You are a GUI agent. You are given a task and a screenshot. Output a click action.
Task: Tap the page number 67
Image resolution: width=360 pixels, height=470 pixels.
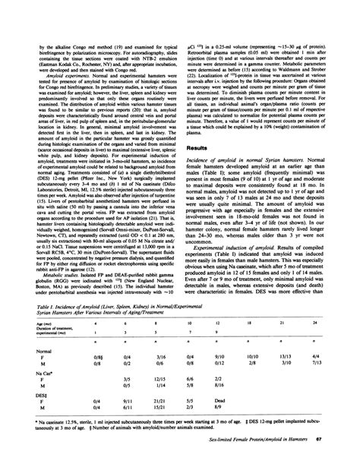pyautogui.click(x=342, y=438)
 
